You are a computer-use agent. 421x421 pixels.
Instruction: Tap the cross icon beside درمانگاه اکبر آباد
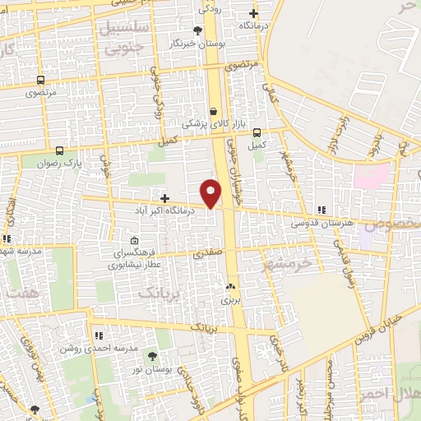click(x=164, y=198)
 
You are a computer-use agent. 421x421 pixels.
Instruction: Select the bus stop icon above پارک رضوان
click(x=59, y=150)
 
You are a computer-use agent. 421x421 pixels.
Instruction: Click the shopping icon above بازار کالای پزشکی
click(x=214, y=111)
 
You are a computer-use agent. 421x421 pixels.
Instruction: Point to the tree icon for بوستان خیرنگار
click(x=197, y=30)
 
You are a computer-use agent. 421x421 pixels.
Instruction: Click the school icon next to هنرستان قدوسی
click(x=322, y=210)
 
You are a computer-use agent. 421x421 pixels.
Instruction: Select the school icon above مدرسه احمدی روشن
click(x=99, y=335)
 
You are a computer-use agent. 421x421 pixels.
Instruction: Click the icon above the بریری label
click(x=230, y=288)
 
